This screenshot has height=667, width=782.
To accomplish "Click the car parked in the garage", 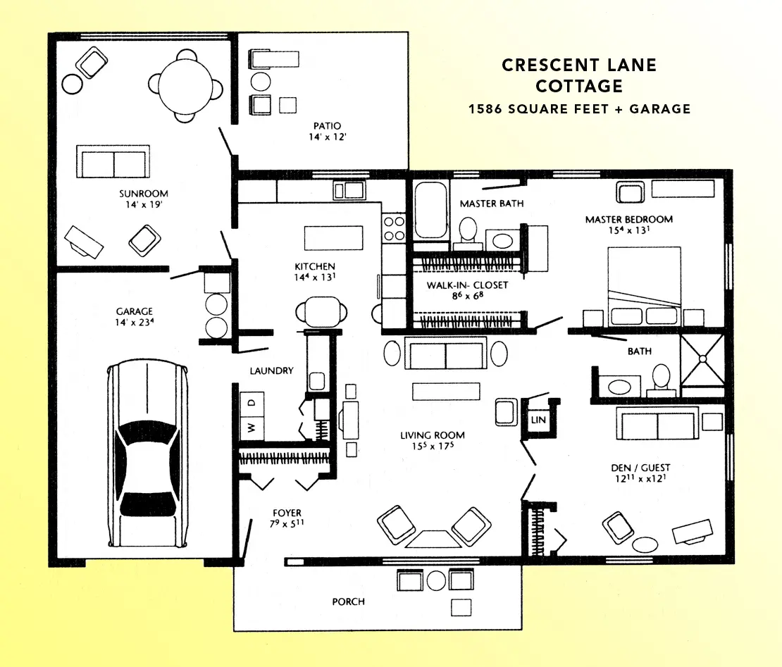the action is (148, 453).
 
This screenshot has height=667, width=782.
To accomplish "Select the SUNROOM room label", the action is (144, 194).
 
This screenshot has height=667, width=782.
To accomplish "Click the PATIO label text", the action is (327, 125).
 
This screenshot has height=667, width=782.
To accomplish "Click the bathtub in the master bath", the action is (431, 210).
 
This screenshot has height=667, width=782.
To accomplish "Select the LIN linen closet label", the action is (538, 420).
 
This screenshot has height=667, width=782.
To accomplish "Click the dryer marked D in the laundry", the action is (252, 403).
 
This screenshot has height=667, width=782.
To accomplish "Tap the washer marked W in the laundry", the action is (252, 428).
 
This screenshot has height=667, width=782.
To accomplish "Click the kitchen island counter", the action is (334, 238).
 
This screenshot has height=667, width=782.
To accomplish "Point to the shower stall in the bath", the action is (702, 359).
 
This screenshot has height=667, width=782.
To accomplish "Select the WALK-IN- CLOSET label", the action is (467, 285).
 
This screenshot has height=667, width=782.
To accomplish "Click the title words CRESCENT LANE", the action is (579, 65).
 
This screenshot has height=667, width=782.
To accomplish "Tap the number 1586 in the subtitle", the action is (485, 108).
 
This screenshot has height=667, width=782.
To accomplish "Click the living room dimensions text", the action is (433, 446).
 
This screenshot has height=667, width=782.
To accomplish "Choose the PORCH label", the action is (348, 601).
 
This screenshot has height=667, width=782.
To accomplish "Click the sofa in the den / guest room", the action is (657, 423).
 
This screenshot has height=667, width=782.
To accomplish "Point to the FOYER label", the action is (287, 513).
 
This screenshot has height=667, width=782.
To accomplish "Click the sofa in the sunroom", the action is (113, 161).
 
